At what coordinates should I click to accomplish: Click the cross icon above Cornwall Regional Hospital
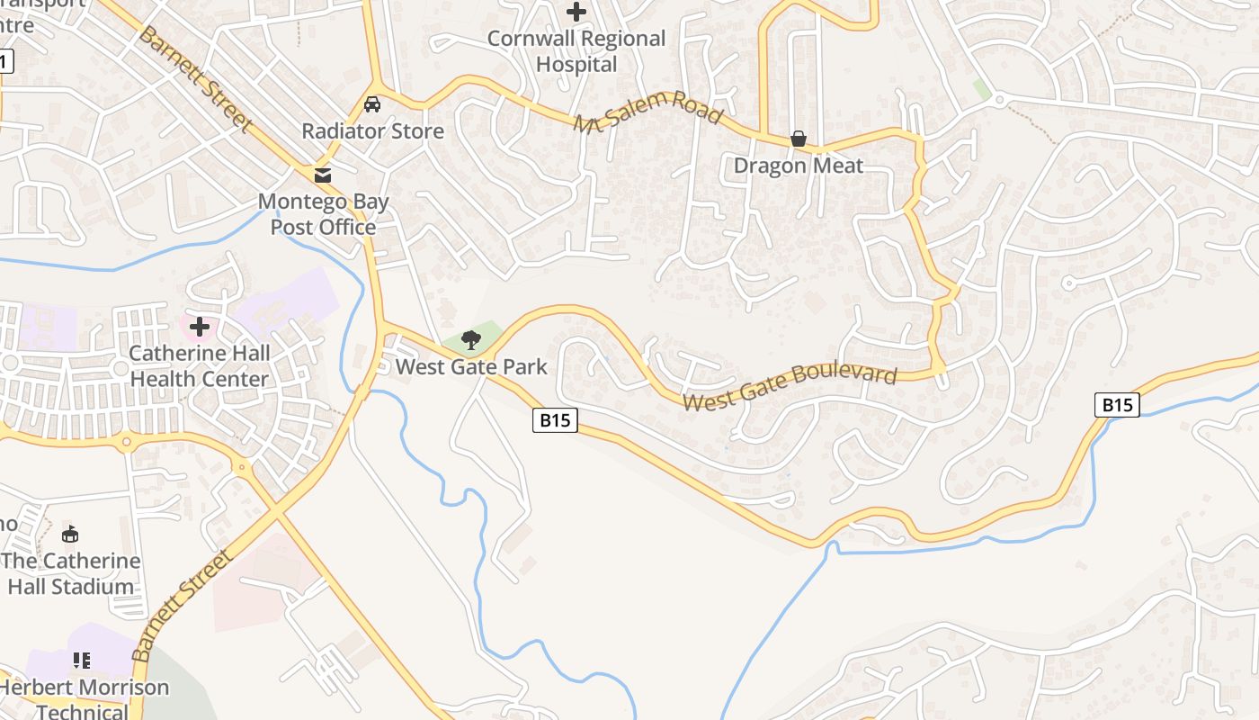pyautogui.click(x=576, y=12)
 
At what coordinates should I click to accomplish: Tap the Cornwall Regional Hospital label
pyautogui.click(x=576, y=51)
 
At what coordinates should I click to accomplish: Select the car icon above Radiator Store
pyautogui.click(x=372, y=104)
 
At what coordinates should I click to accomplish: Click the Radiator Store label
pyautogui.click(x=372, y=131)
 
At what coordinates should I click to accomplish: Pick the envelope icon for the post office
pyautogui.click(x=323, y=175)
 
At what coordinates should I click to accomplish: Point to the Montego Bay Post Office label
pyautogui.click(x=324, y=214)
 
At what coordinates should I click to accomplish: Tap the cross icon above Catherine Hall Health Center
pyautogui.click(x=199, y=326)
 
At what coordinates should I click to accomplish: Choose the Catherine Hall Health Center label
pyautogui.click(x=199, y=365)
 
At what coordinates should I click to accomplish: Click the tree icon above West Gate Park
pyautogui.click(x=470, y=339)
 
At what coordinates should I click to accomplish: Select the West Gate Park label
pyautogui.click(x=471, y=367)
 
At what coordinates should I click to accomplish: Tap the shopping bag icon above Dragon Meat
pyautogui.click(x=798, y=139)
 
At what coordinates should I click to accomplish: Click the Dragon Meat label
pyautogui.click(x=799, y=166)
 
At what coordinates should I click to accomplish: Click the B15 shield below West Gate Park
pyautogui.click(x=554, y=419)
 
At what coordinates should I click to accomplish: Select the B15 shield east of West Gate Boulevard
pyautogui.click(x=1117, y=405)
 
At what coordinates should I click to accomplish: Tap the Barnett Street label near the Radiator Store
pyautogui.click(x=193, y=79)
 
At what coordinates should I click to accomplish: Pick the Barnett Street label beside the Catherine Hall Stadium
pyautogui.click(x=181, y=606)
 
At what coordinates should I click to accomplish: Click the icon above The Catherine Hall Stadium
pyautogui.click(x=70, y=534)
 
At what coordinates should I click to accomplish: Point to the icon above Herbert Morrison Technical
pyautogui.click(x=82, y=661)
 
